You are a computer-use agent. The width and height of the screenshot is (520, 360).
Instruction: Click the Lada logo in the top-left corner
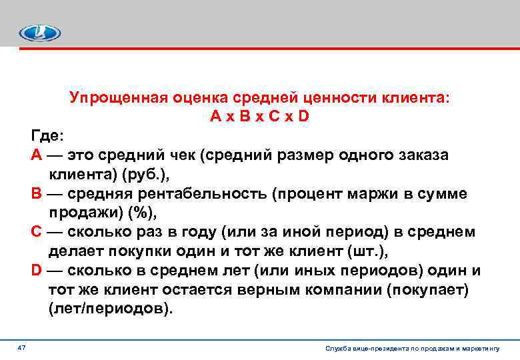point(39,33)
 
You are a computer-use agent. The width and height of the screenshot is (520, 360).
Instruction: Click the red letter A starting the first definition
point(37,155)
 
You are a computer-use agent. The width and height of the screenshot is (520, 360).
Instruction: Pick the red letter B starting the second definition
point(37,194)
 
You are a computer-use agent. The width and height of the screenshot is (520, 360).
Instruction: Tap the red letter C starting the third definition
point(37,232)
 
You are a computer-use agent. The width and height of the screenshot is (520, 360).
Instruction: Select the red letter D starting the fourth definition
point(37,271)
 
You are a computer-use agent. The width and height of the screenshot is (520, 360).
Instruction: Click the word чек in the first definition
point(180,155)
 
